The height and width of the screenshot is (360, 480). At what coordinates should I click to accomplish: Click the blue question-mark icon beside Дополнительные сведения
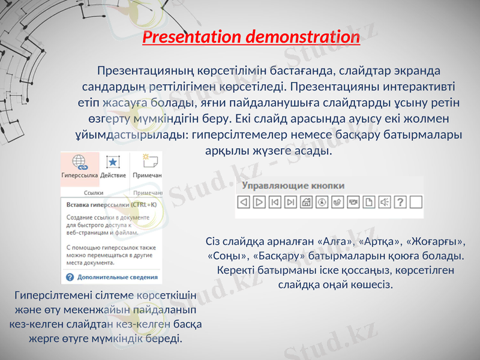70,277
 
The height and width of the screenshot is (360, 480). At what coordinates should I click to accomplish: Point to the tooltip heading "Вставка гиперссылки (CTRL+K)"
110,205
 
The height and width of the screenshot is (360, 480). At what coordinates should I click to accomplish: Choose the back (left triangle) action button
244,202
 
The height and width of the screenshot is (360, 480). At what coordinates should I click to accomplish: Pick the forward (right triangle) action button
259,202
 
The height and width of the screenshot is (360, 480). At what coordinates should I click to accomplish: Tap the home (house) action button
307,202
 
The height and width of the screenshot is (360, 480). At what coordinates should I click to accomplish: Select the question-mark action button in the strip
400,202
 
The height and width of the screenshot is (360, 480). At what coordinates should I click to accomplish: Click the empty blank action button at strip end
416,202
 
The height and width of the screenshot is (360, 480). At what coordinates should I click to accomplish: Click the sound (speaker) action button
385,202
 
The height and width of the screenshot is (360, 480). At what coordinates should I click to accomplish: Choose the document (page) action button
369,202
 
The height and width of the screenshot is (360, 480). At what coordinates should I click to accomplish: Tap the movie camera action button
353,202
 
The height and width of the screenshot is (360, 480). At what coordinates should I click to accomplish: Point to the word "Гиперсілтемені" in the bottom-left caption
56,295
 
